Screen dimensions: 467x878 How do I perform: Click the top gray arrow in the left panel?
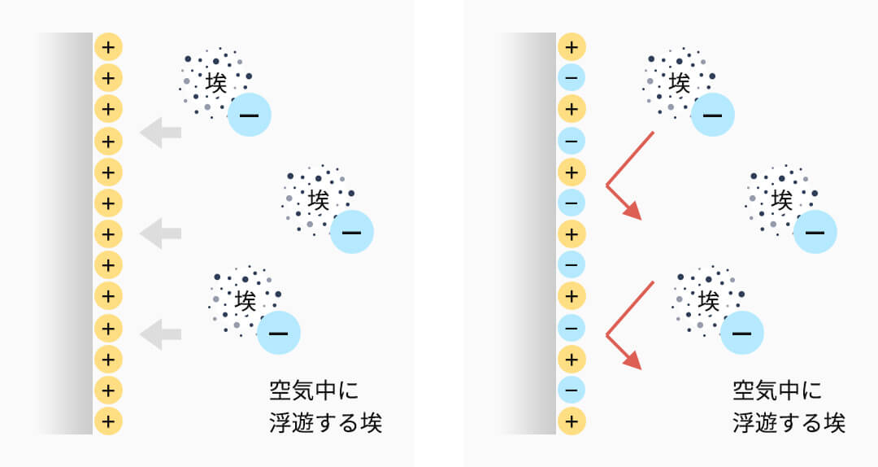click(160, 132)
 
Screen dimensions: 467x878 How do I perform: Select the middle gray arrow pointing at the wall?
click(160, 233)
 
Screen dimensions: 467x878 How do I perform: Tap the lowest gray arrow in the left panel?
click(160, 332)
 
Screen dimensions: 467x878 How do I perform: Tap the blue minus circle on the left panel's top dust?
click(249, 116)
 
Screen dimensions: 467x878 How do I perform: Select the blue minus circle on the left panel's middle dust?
click(351, 232)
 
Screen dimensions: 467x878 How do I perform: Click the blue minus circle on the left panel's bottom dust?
click(278, 332)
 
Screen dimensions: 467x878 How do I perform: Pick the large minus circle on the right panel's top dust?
click(712, 116)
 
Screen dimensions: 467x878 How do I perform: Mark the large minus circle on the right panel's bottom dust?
click(741, 332)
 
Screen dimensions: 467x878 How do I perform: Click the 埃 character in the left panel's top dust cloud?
click(215, 82)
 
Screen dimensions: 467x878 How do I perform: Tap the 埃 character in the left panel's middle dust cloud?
click(318, 199)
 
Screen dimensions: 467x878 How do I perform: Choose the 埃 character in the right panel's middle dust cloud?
click(781, 199)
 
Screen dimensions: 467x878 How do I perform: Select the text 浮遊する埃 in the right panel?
click(789, 424)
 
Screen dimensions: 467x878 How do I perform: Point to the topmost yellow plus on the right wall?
click(572, 47)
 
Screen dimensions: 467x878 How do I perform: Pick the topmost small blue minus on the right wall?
click(572, 78)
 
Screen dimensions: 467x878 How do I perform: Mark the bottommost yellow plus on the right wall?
click(572, 421)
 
